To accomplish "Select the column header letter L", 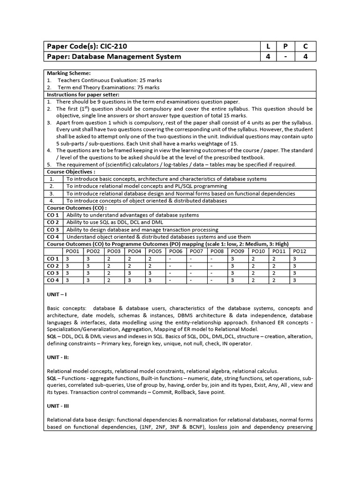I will [x=269, y=46].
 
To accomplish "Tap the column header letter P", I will [x=286, y=46].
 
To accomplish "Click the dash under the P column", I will [x=286, y=57].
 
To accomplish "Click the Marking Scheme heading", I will [x=68, y=73].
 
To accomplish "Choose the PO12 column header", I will [x=300, y=251].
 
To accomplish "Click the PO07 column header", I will [x=196, y=251].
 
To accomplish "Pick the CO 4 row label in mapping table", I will [x=52, y=280].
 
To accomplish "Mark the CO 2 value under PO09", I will [x=232, y=265].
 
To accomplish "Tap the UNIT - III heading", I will [x=59, y=406].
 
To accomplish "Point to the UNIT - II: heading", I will [x=59, y=358].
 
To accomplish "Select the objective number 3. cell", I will [x=52, y=193].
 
